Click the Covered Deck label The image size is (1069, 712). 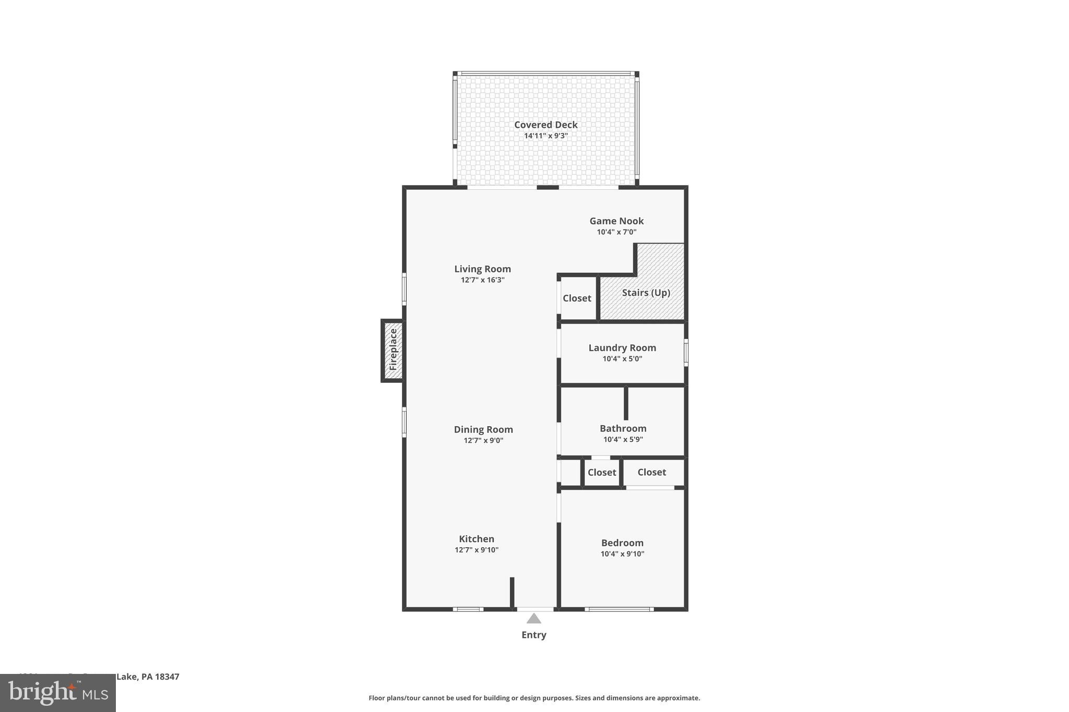point(545,125)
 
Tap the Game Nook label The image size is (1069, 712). point(616,221)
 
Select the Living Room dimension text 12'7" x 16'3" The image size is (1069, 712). point(482,280)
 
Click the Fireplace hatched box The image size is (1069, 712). point(393,350)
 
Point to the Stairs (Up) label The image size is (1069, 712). point(646,293)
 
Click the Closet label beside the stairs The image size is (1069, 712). point(577,298)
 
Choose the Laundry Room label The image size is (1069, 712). point(622,348)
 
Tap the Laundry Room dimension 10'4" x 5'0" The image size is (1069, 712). point(622,359)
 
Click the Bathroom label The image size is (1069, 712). point(623,428)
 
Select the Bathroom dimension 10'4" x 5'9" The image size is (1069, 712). point(623,440)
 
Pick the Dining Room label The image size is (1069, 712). point(483,429)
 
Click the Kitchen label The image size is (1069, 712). point(477,539)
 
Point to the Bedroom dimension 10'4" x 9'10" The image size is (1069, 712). point(622,554)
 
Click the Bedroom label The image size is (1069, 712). point(622,543)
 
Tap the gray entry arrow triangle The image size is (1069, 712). point(533,619)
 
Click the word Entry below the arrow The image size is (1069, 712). point(533,635)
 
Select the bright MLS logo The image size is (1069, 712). point(58,693)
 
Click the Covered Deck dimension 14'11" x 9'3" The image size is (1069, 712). point(545,136)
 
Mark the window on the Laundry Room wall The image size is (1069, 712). point(686,353)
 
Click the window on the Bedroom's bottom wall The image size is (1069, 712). point(619,609)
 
